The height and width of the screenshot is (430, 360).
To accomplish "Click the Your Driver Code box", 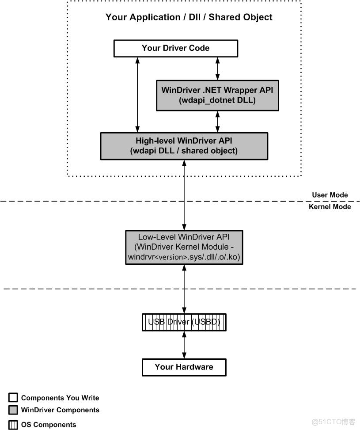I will tap(176, 48).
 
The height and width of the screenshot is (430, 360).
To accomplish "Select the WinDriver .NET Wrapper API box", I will tap(217, 95).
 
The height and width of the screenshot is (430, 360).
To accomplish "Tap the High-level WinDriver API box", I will tap(184, 146).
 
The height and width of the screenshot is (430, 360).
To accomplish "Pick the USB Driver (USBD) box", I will tap(184, 322).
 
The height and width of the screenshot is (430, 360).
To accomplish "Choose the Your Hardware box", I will tap(184, 367).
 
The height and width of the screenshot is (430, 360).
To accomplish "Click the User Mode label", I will tap(330, 195).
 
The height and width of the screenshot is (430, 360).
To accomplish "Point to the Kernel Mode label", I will tap(330, 206).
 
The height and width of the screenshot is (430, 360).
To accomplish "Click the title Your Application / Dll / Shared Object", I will tap(189, 17).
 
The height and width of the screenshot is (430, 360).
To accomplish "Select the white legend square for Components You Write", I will tap(13, 398).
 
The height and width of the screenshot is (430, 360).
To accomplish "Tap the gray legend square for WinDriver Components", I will tap(13, 410).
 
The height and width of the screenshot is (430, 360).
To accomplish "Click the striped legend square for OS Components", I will tap(13, 425).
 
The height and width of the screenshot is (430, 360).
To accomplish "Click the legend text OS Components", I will tap(49, 425).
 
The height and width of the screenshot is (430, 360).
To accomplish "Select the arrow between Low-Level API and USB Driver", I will tap(184, 289).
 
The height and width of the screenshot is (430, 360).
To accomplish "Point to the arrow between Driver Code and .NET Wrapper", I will tap(217, 68).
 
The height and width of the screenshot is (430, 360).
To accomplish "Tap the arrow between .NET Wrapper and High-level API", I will tap(217, 122).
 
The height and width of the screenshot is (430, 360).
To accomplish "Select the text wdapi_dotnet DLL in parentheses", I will tap(217, 100).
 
